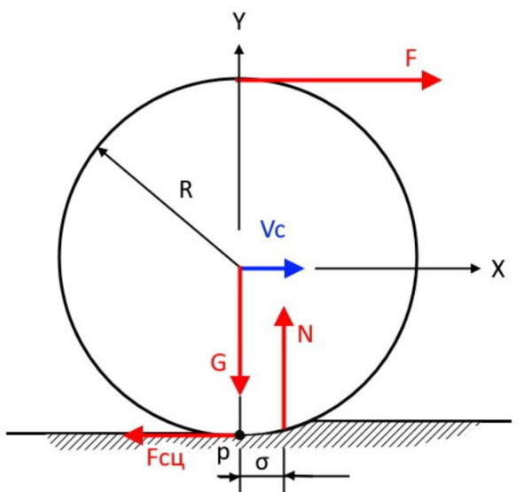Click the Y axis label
[239, 21]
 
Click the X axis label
[498, 269]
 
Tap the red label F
[411, 58]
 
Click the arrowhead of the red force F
[432, 80]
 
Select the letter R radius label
[186, 190]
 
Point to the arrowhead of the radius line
[101, 152]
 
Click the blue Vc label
[273, 230]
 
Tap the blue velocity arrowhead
[293, 268]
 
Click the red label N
[305, 334]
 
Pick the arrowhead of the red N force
[284, 316]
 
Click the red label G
[219, 363]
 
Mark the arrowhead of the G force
[240, 386]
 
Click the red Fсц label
[166, 457]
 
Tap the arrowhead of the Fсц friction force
[133, 435]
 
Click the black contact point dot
[239, 435]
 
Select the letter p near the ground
[223, 455]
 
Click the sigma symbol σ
[262, 463]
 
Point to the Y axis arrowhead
[239, 50]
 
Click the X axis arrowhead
[475, 268]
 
